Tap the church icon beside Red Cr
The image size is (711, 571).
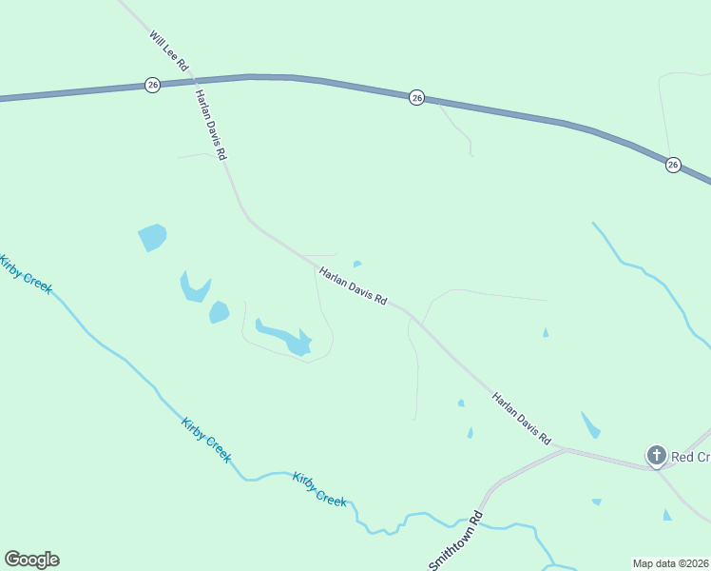pyautogui.click(x=656, y=456)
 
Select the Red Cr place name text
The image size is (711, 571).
pyautogui.click(x=691, y=458)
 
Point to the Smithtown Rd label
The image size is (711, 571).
pyautogui.click(x=456, y=542)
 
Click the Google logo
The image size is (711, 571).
pyautogui.click(x=31, y=560)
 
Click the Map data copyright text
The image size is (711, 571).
pyautogui.click(x=670, y=563)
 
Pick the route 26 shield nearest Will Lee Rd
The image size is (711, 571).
pyautogui.click(x=153, y=86)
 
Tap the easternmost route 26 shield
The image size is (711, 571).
pyautogui.click(x=673, y=165)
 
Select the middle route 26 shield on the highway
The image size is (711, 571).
pyautogui.click(x=416, y=97)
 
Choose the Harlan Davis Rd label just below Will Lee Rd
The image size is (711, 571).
pyautogui.click(x=211, y=125)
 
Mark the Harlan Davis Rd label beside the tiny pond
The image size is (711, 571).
pyautogui.click(x=353, y=285)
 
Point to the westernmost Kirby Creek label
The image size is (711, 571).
pyautogui.click(x=27, y=275)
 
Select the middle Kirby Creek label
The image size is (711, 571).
pyautogui.click(x=205, y=440)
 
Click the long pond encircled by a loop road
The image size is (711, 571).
pyautogui.click(x=283, y=337)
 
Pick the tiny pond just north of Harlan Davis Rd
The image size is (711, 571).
pyautogui.click(x=356, y=264)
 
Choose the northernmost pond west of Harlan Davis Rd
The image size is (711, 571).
pyautogui.click(x=152, y=236)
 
